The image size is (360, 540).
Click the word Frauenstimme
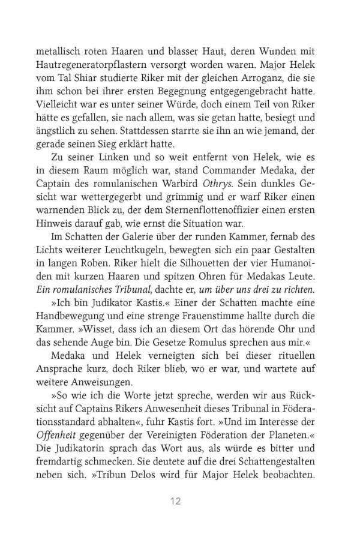(216, 331)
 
